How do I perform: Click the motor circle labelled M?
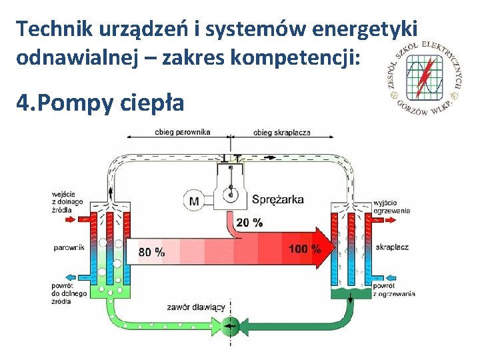coord(194,200)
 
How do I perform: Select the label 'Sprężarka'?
coord(278,199)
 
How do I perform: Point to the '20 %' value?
coord(249,222)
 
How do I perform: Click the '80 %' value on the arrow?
coord(151,252)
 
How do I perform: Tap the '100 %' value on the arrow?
coord(305,249)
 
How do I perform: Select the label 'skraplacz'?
coord(392,247)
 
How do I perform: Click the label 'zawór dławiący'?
coord(197,307)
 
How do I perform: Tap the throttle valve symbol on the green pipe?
coord(231,325)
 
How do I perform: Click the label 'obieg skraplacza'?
coord(281,132)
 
